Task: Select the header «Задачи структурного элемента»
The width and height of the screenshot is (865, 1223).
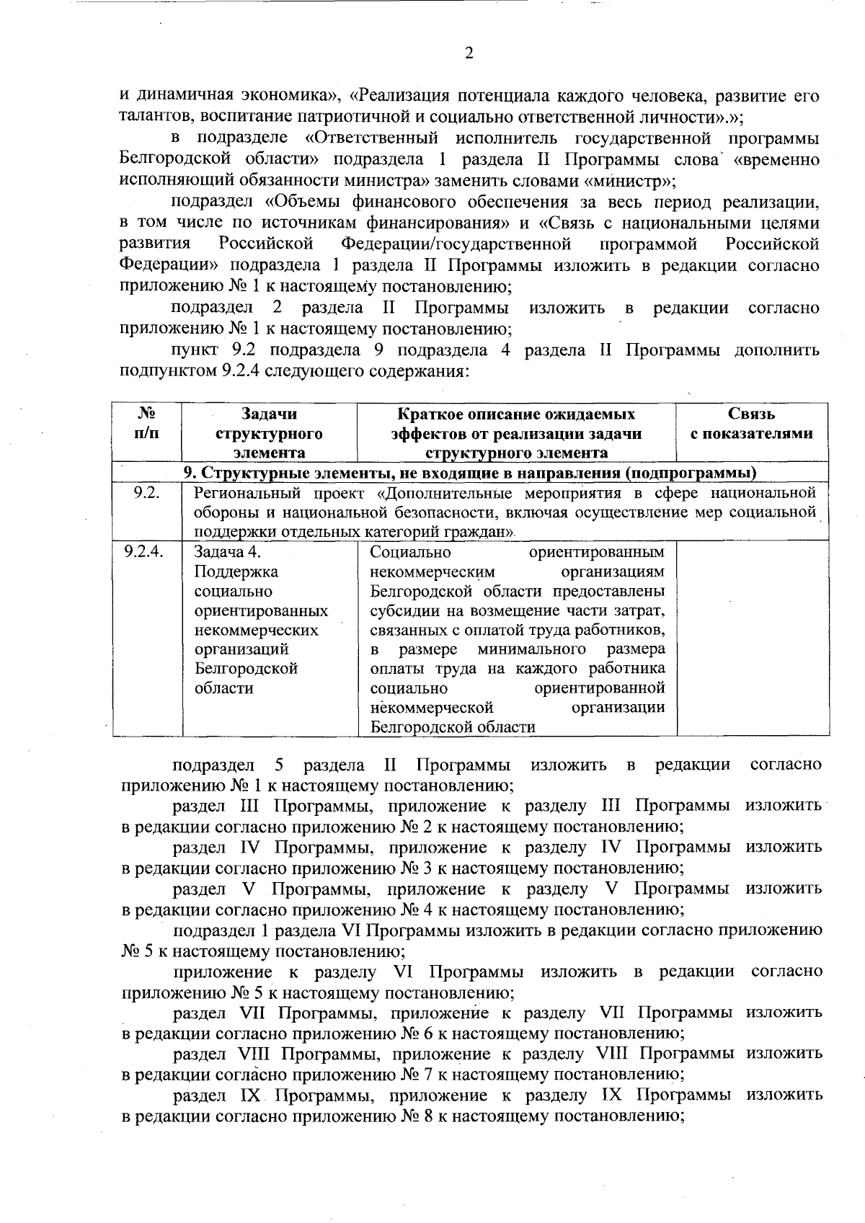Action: pyautogui.click(x=269, y=433)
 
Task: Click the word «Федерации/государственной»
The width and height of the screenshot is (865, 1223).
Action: pyautogui.click(x=456, y=244)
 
